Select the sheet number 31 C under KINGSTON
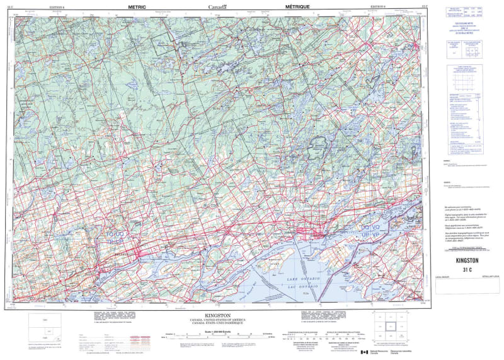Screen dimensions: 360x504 point(467,269)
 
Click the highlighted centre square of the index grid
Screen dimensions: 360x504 point(390,326)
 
